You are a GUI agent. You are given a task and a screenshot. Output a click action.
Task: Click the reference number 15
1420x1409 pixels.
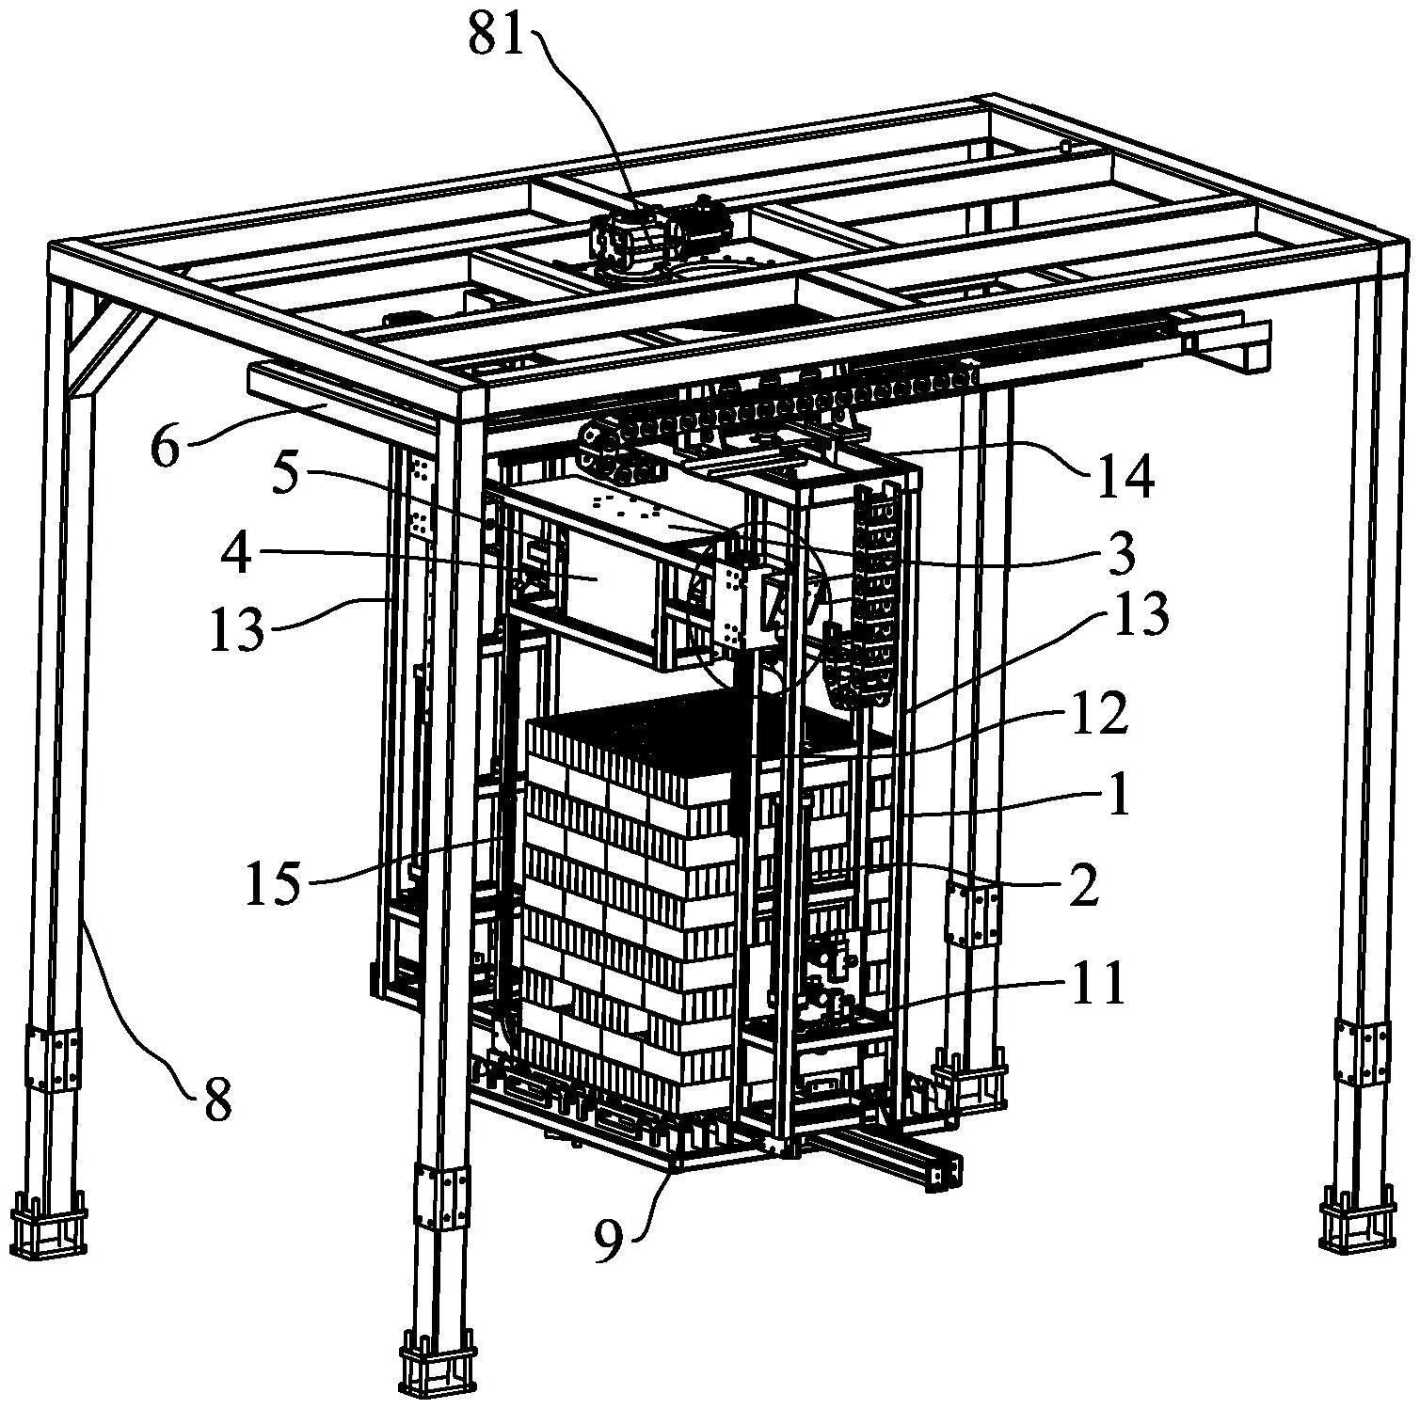point(273,884)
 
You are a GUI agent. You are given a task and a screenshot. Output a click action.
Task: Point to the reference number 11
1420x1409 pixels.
point(1097,984)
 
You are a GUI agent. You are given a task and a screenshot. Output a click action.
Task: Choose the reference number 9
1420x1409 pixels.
point(608,1243)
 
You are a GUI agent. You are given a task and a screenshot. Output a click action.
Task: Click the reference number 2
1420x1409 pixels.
point(1083,885)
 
